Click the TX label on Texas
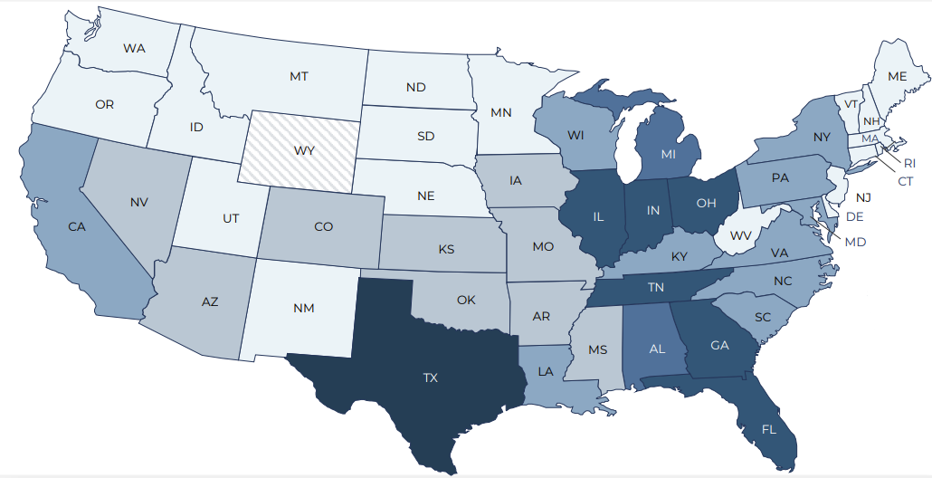point(430,378)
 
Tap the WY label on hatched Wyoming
point(304,150)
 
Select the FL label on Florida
point(768,429)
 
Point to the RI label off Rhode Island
point(910,163)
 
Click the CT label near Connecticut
point(905,181)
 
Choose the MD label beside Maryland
point(855,242)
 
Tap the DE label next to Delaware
point(855,216)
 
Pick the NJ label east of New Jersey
point(863,196)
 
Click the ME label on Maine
point(897,77)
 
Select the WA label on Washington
point(135,47)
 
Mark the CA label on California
point(77,226)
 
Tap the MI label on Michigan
point(668,154)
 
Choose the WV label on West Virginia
point(741,235)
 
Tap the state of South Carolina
point(760,317)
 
